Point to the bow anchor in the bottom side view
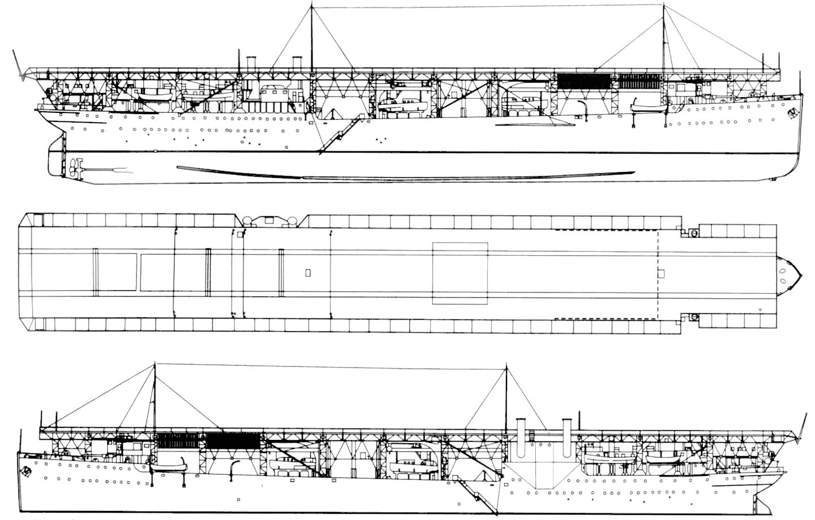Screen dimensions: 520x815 coord(26,469)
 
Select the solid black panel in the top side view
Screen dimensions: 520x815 coord(584,80)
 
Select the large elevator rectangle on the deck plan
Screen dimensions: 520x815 coord(460,273)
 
